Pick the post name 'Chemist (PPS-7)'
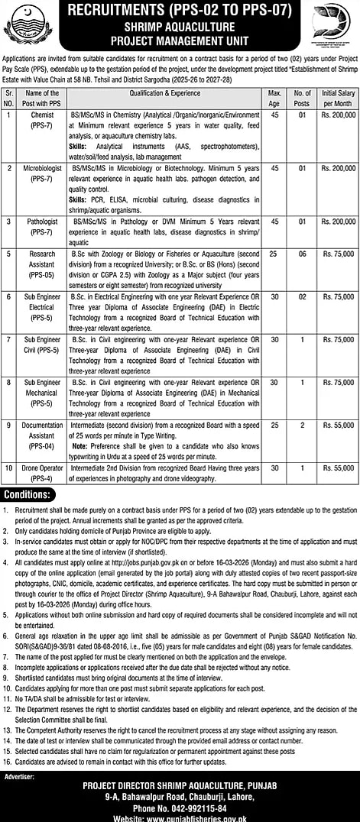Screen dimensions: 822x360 43,119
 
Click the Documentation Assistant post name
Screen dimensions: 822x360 43,433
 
